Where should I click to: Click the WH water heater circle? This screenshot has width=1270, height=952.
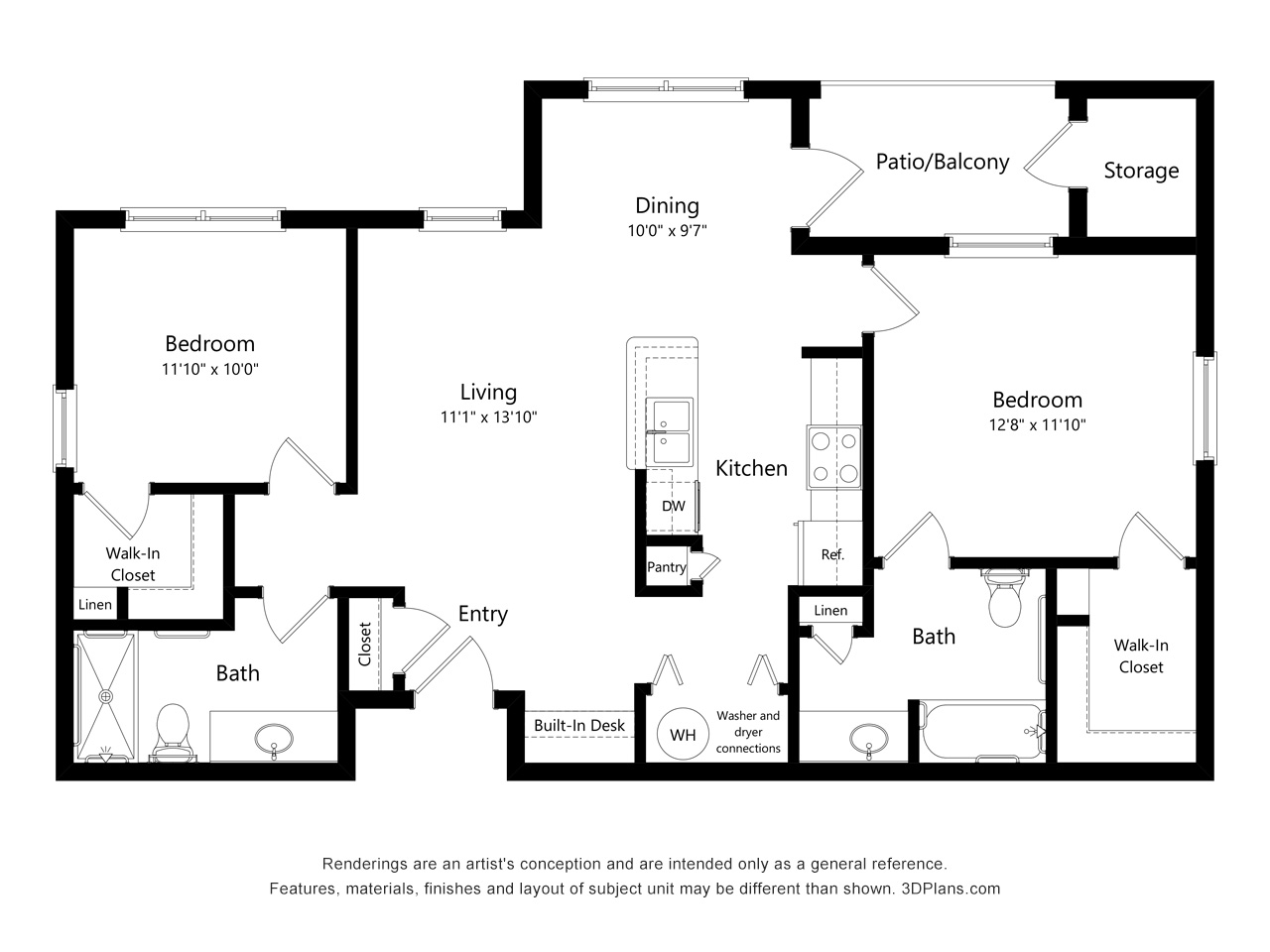click(x=683, y=734)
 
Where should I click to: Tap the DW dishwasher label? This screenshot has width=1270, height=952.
click(x=674, y=506)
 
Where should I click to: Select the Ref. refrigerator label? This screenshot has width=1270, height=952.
click(x=832, y=555)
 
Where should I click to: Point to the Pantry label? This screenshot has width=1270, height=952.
click(x=667, y=567)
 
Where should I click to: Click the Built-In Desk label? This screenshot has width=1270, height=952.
click(x=579, y=726)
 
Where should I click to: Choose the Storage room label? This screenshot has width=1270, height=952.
click(x=1141, y=171)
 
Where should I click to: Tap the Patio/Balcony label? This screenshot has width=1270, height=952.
click(x=943, y=162)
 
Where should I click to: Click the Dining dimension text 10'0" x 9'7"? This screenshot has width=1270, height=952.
click(x=667, y=231)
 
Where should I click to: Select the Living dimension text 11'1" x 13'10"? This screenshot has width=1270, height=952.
click(x=489, y=416)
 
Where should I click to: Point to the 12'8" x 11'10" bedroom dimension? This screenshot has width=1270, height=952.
click(x=1038, y=424)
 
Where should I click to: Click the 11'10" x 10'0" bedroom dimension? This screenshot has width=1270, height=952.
click(x=210, y=369)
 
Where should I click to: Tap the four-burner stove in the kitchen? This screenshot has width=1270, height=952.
click(x=834, y=457)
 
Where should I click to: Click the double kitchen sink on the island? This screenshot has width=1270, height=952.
click(x=670, y=431)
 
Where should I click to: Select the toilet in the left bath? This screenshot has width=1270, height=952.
click(x=173, y=732)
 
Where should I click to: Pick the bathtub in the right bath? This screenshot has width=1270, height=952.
click(x=983, y=731)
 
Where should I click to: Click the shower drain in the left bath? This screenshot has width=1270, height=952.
click(x=106, y=696)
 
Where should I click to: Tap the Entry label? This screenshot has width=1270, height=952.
click(x=482, y=614)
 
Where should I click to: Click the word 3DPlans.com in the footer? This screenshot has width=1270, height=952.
click(x=951, y=889)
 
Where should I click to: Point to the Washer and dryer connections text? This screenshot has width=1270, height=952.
click(x=748, y=732)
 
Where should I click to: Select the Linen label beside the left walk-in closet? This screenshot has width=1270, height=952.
click(x=95, y=605)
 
